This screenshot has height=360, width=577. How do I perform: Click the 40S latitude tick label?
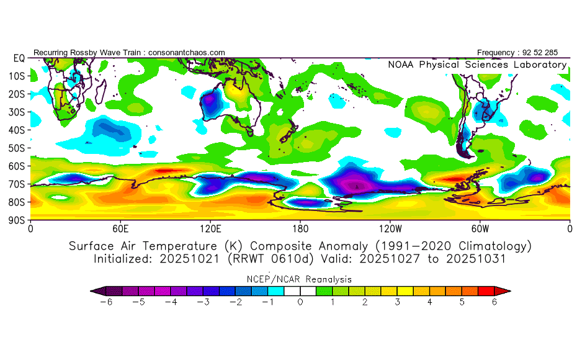16,130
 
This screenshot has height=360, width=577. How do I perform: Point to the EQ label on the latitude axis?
18,58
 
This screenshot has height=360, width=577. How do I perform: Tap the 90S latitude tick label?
16,220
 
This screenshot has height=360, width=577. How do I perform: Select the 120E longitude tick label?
210,228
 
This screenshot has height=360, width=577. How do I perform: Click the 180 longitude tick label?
300,228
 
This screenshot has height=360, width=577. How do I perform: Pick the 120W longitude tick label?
390,228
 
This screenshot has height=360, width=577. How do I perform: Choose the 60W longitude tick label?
480,228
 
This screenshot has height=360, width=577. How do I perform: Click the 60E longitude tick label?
120,228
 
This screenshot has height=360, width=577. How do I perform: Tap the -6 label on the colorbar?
106,302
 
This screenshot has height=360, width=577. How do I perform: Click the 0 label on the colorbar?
300,302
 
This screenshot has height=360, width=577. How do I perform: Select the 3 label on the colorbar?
397,302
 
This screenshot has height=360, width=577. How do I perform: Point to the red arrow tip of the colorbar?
506,290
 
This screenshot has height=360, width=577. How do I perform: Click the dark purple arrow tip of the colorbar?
94,290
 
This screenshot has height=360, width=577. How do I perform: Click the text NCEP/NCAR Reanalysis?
300,279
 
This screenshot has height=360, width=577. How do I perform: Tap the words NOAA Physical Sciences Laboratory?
476,65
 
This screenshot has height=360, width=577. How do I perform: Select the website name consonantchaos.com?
186,53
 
